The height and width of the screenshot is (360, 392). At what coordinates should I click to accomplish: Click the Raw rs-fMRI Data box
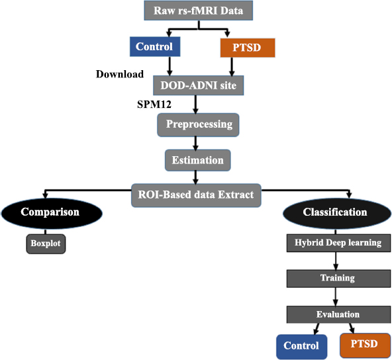198,11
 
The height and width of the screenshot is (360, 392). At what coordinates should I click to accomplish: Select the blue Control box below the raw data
155,46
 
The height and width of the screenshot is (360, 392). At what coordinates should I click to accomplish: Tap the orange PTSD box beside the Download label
248,48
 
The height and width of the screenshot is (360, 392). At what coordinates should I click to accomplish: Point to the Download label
120,74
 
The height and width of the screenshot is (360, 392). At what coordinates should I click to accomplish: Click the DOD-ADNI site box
199,85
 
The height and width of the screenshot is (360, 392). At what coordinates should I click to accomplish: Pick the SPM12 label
154,105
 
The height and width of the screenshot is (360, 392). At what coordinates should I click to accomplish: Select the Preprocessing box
198,125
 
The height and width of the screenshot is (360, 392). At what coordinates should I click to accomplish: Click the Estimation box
198,160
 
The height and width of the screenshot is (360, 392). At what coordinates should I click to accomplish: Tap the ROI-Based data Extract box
196,195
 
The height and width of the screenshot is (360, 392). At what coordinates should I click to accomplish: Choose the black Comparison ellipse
52,213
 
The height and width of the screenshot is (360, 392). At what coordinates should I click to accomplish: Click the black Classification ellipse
337,213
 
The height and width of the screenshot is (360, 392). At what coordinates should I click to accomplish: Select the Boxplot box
46,244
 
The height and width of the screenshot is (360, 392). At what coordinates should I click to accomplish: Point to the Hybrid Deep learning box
338,243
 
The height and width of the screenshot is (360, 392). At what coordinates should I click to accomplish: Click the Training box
338,279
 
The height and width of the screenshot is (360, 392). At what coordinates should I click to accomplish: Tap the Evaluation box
338,314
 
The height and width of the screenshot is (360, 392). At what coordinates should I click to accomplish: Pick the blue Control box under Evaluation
302,347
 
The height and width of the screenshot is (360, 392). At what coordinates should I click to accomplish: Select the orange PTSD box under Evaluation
365,345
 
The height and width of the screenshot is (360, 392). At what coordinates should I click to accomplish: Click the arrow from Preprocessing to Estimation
195,143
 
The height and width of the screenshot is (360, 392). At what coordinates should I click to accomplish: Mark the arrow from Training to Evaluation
336,296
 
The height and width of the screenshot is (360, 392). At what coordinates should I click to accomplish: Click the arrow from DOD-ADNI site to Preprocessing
195,105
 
